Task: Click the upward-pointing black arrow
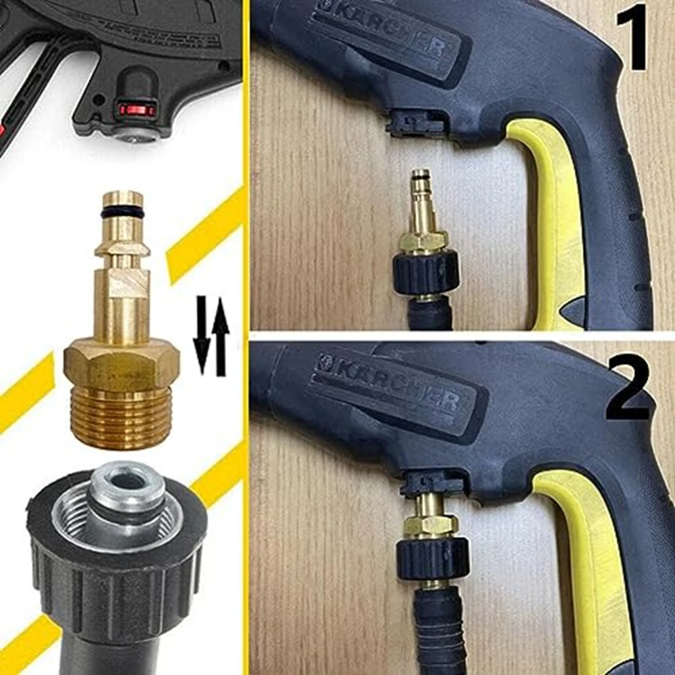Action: pyautogui.click(x=220, y=334)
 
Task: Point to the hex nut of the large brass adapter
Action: pyautogui.click(x=122, y=364)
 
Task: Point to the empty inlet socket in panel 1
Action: pyautogui.click(x=415, y=122)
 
